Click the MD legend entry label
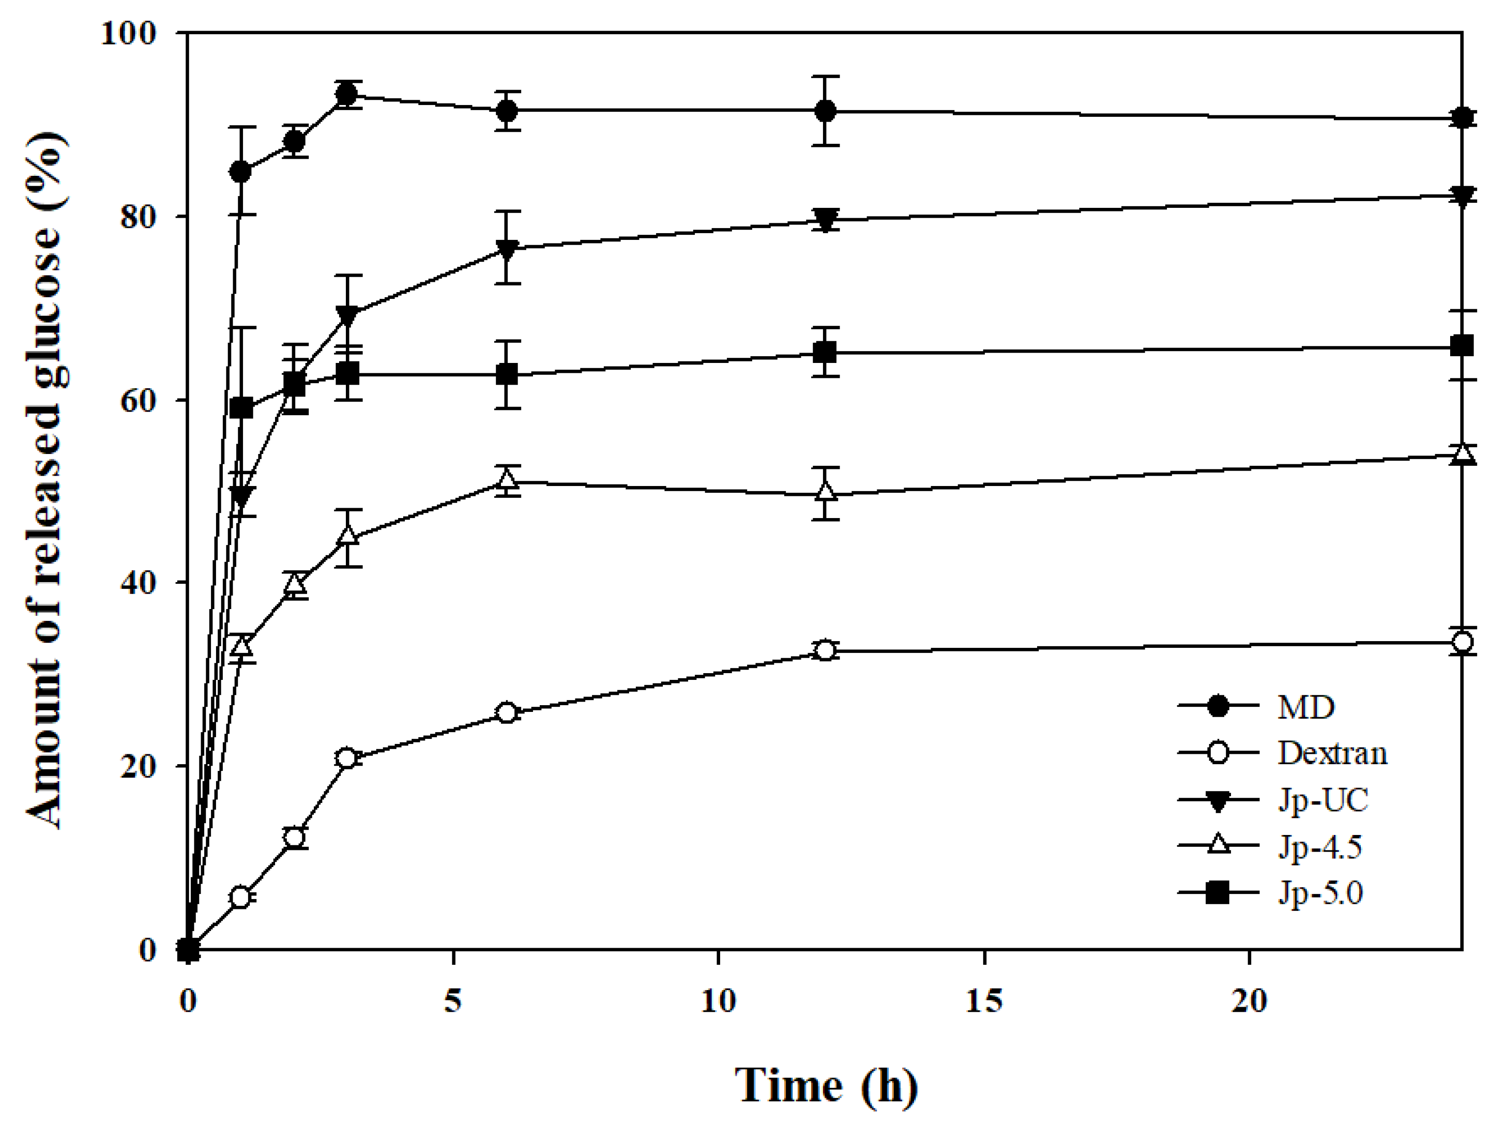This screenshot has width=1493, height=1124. [1305, 707]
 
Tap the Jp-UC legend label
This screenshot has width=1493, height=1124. [1322, 800]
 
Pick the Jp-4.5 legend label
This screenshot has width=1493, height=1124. [1319, 847]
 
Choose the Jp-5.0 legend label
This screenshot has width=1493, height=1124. [1319, 893]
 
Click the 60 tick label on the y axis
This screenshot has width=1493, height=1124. [138, 400]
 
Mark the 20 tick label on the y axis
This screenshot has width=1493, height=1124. [138, 766]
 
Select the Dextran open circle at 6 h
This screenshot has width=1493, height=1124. [507, 713]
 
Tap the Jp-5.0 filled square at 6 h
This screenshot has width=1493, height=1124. [507, 375]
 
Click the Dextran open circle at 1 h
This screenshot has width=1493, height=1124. [240, 897]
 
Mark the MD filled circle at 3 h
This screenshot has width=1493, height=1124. [347, 94]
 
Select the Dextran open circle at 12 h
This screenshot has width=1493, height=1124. [825, 651]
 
